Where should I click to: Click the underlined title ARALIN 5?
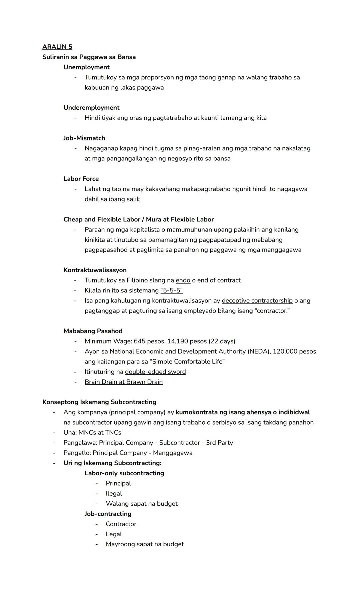tap(57, 47)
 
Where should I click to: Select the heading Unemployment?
tap(86, 67)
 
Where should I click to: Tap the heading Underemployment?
tap(91, 108)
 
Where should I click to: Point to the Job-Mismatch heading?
tap(84, 138)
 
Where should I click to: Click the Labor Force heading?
tap(81, 179)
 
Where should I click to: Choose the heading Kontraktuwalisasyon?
tap(95, 270)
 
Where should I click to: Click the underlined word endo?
tap(183, 280)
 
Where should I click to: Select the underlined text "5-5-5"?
tap(171, 290)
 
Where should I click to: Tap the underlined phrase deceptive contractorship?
tap(257, 301)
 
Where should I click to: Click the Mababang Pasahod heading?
tap(93, 331)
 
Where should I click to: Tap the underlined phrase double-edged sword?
tap(155, 372)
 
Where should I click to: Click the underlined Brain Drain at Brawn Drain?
tap(124, 382)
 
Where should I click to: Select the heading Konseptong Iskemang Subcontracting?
tap(99, 402)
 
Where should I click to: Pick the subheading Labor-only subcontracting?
tap(124, 473)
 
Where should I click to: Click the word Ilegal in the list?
tap(114, 494)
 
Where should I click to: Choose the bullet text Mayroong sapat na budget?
tap(145, 544)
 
